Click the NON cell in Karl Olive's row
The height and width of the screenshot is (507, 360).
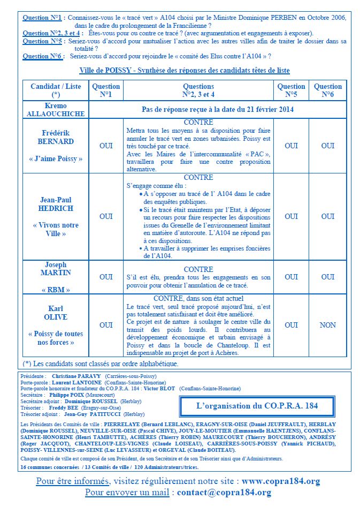[327, 325]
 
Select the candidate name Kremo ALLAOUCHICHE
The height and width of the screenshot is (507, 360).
[56, 110]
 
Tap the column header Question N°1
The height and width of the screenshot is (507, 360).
[106, 90]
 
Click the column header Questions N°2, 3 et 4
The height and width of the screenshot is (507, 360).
[198, 90]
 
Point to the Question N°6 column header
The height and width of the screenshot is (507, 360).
[327, 90]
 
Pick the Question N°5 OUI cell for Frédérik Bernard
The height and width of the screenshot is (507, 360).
[291, 146]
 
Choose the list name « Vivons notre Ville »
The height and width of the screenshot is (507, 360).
[56, 229]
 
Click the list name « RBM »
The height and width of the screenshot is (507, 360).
[56, 290]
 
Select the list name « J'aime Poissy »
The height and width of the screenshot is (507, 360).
[56, 158]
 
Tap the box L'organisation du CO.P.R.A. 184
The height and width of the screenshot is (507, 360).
[264, 405]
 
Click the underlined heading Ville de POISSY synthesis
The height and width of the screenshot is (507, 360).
[185, 70]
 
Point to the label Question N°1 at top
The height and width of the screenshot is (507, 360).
[43, 18]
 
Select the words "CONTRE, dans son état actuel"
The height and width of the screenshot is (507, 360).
[198, 298]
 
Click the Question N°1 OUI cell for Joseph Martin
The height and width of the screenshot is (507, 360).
[106, 277]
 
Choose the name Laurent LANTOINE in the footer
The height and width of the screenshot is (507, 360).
[78, 383]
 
